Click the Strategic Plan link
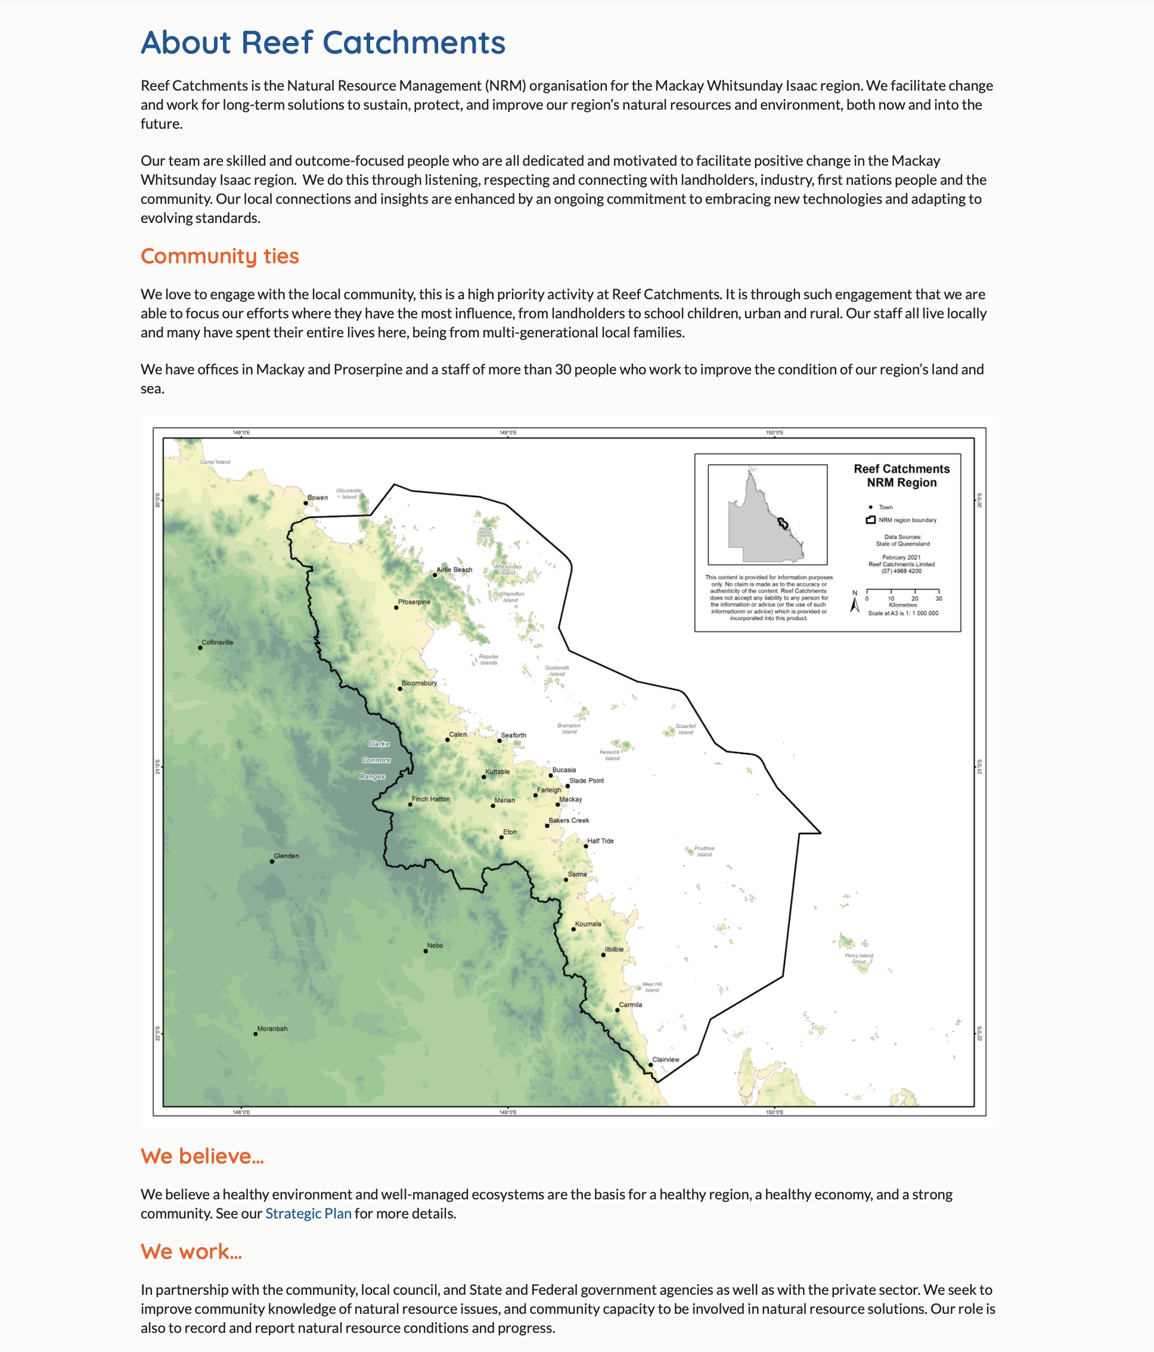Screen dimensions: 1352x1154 [x=308, y=1213]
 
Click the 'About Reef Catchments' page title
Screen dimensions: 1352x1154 [x=323, y=42]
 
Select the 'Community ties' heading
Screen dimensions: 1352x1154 [x=220, y=256]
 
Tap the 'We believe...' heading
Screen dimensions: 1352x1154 [x=202, y=1156]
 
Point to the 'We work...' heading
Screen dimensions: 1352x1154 [x=191, y=1251]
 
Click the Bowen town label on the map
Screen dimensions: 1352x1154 [x=318, y=497]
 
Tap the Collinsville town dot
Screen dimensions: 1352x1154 [x=200, y=647]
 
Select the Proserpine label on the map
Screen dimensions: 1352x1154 [x=414, y=601]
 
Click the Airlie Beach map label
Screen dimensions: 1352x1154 [x=454, y=570]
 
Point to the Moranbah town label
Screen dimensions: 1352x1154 [x=272, y=1028]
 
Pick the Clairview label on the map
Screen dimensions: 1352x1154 [x=665, y=1059]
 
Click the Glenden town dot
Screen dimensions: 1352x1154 [x=272, y=861]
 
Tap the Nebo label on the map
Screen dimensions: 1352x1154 [x=435, y=945]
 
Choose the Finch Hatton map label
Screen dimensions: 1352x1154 [x=430, y=799]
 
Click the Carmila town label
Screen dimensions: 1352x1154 [x=630, y=1004]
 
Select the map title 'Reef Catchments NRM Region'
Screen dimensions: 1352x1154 [x=901, y=476]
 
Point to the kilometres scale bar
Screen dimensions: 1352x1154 [x=902, y=591]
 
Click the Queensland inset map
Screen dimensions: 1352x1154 [x=767, y=514]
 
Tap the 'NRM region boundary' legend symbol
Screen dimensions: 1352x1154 [x=870, y=520]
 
